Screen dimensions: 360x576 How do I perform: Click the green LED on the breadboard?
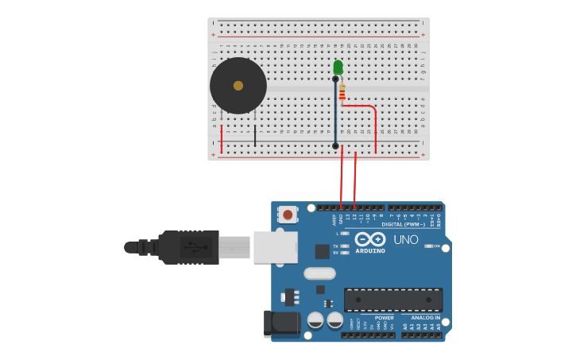point(338,67)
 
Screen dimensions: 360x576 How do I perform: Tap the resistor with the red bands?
point(342,95)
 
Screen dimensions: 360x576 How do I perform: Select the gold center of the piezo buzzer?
point(238,85)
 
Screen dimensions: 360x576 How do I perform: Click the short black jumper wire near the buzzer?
point(255,135)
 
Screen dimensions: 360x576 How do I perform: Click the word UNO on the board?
point(406,240)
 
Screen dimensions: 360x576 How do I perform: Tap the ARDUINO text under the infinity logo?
point(370,251)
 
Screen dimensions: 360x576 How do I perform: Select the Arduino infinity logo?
point(370,239)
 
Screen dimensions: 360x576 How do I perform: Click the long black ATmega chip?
point(393,300)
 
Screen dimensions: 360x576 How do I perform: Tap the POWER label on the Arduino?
point(385,318)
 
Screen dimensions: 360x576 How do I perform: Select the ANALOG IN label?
point(426,318)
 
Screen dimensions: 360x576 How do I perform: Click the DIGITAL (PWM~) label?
point(404,224)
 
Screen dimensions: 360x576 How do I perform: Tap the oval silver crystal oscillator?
point(319,273)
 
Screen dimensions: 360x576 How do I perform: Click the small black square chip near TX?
point(322,251)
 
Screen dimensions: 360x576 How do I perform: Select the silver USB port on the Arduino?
point(275,247)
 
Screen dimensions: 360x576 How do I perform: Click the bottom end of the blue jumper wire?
point(335,145)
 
